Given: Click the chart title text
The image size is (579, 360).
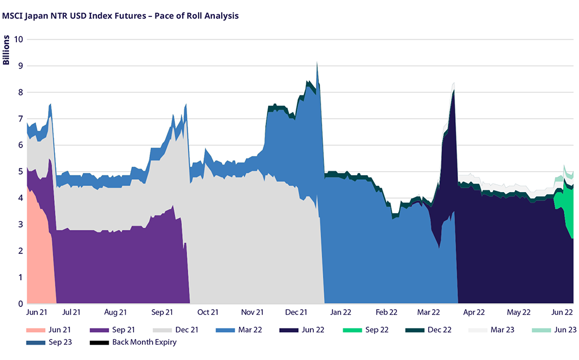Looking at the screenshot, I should click(x=120, y=16).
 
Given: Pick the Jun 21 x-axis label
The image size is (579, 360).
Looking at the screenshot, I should click(x=37, y=312).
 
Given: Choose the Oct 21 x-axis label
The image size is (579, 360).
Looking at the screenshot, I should click(x=208, y=312).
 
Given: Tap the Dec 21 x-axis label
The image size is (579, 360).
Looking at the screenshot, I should click(x=296, y=312).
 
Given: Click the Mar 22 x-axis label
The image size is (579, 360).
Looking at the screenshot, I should click(x=428, y=312).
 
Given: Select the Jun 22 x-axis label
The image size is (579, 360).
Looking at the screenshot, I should click(x=562, y=312).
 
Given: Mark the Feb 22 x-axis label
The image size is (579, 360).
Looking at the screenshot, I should click(x=386, y=312).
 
